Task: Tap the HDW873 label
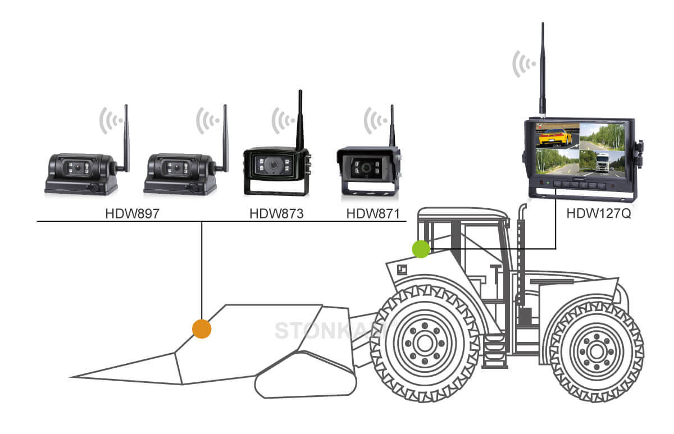276,214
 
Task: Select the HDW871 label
372,214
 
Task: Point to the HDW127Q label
598,214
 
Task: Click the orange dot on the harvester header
201,328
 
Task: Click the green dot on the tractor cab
421,249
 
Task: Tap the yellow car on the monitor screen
553,136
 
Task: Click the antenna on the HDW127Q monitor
543,67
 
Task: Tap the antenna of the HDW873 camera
300,118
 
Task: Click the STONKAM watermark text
331,331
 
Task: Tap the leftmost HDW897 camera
81,173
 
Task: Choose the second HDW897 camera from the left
180,173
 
